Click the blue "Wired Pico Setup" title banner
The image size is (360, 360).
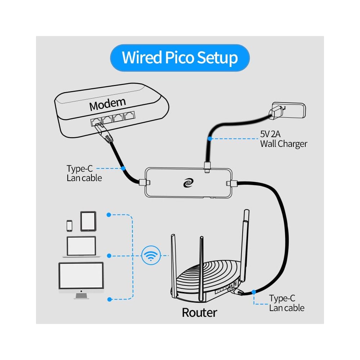tap(180, 58)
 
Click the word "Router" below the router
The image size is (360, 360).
tap(199, 312)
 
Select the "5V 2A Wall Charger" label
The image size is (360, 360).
tap(284, 139)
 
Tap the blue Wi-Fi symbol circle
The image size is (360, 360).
tap(150, 256)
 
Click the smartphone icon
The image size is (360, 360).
tap(69, 225)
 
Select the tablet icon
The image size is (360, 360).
tap(88, 221)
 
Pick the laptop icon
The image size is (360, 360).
tap(81, 247)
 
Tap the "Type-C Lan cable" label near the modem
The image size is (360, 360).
tap(84, 173)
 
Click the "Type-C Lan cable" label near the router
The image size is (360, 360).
tap(287, 303)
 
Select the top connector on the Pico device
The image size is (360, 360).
tap(207, 166)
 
